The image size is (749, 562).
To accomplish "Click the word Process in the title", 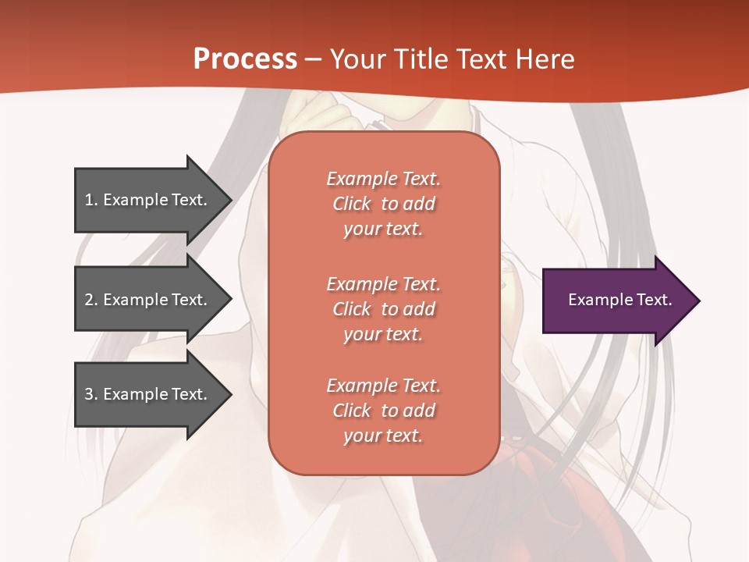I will [245, 59].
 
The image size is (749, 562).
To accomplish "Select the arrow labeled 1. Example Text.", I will [148, 200].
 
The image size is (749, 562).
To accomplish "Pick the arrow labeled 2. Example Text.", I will [148, 300].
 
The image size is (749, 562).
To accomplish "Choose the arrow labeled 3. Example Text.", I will [148, 394].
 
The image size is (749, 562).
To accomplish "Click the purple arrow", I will [616, 301].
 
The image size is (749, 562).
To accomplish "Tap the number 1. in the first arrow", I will [91, 200].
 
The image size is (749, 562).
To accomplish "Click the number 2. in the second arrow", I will [91, 300].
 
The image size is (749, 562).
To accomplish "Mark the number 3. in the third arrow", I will [91, 394].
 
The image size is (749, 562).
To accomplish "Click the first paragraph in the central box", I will [383, 204].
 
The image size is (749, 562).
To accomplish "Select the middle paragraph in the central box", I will [383, 309].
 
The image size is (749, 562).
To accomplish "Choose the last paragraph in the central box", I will [383, 411].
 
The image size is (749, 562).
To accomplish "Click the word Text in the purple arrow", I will [655, 300].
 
